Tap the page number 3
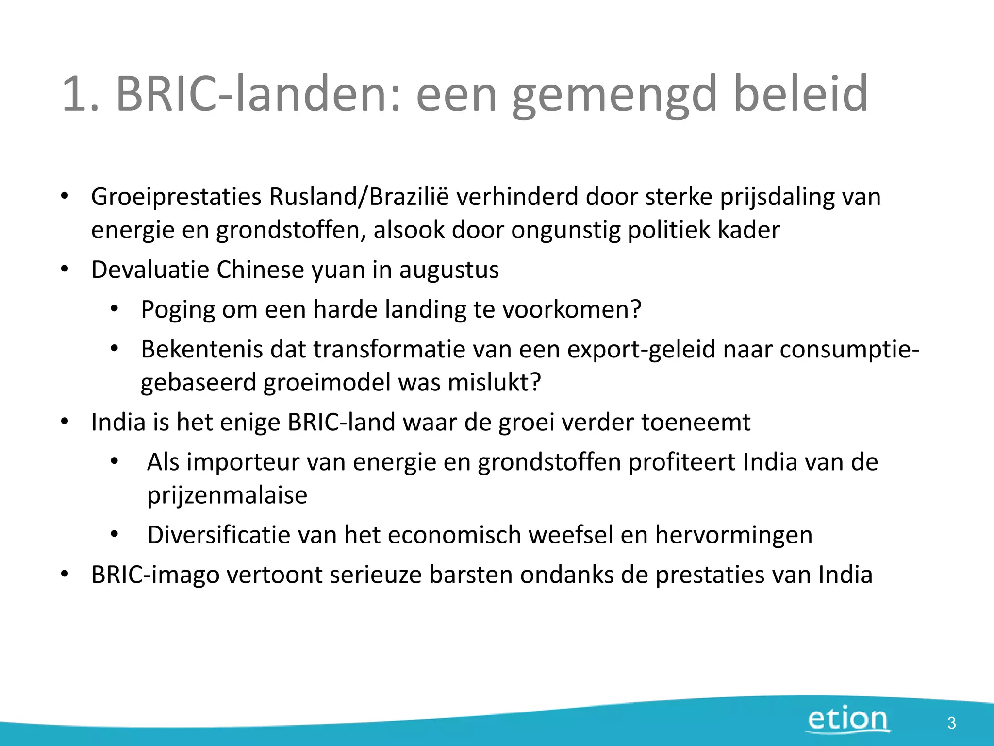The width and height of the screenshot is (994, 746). coord(951,723)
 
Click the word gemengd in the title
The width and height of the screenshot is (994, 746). coord(614,94)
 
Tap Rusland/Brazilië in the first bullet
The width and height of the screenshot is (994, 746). coord(360,197)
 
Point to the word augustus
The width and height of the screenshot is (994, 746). coord(449,271)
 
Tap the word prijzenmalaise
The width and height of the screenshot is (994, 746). coord(227,496)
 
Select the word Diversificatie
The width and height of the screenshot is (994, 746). coord(219,535)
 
